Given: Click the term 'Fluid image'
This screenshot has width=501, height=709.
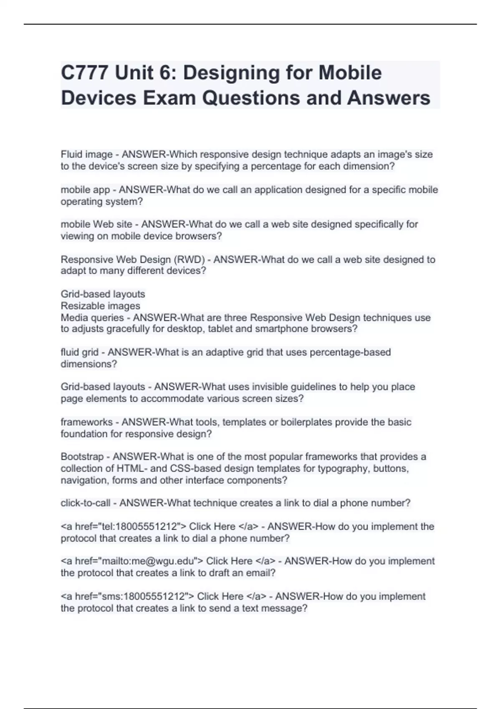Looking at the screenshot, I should [86, 155].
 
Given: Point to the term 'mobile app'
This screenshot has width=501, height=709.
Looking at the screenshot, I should [85, 190].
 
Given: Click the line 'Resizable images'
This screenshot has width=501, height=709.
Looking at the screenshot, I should [100, 306].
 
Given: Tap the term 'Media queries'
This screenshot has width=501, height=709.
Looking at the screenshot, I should [92, 318].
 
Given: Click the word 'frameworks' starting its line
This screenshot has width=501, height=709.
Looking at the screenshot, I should [86, 422].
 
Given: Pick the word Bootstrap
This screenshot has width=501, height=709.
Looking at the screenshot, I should [82, 457].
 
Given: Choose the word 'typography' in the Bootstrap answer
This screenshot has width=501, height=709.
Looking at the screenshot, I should [343, 468].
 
